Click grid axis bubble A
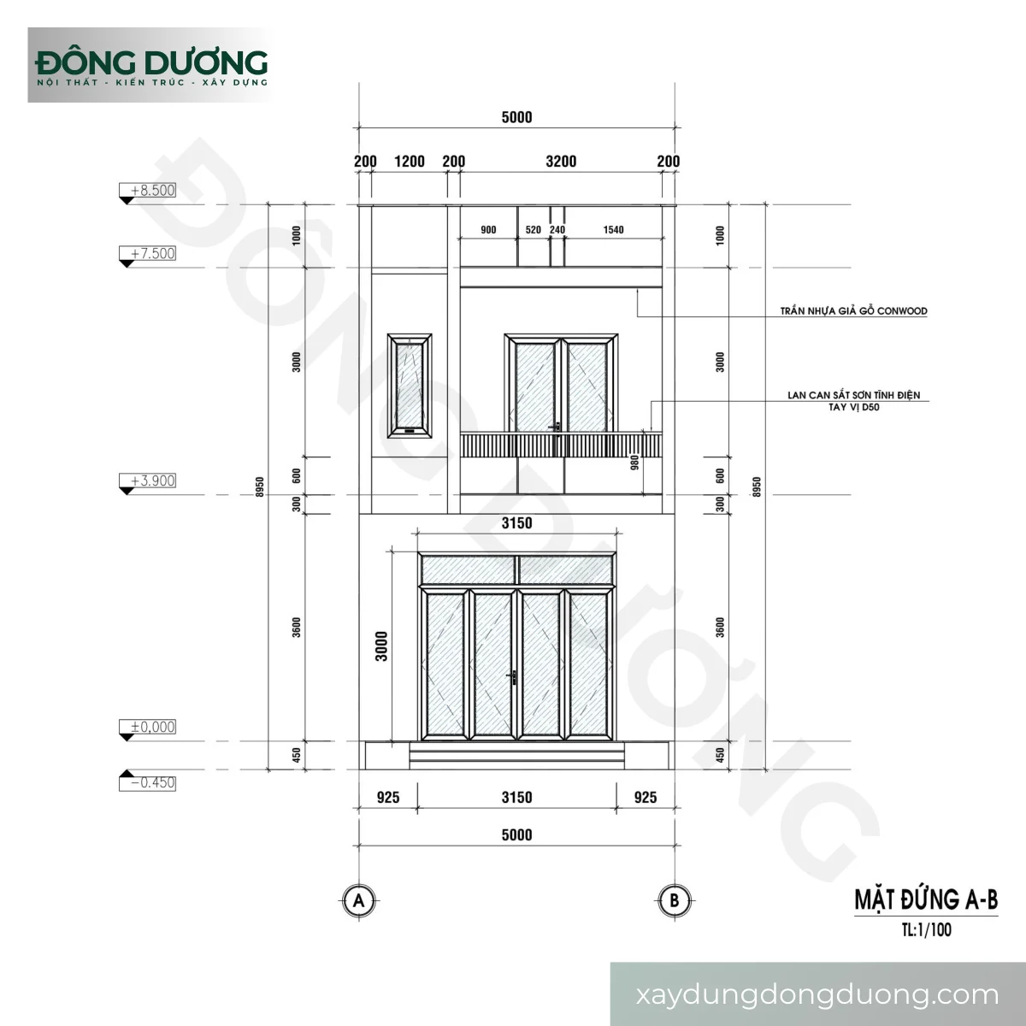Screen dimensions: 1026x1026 point(358,900)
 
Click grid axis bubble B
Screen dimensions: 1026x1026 point(675,900)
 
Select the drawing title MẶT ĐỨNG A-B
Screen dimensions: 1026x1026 point(926,900)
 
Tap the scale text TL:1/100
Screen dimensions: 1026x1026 point(927,929)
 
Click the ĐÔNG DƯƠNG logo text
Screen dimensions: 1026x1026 point(151,62)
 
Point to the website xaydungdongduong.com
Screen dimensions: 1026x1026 point(817,994)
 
